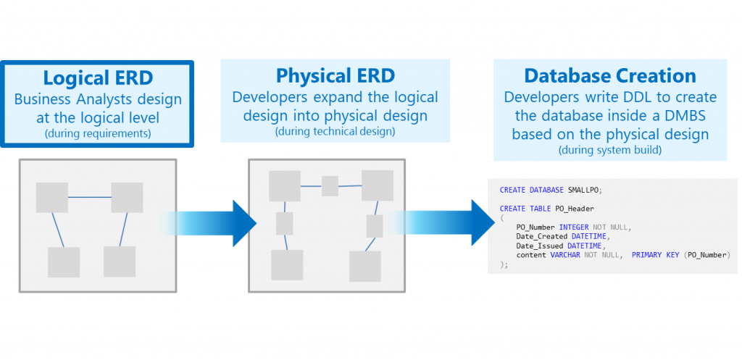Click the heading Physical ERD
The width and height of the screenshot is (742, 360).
pos(335,75)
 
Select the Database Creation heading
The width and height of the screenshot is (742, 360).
pos(610,75)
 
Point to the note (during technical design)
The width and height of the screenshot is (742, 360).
pos(335,131)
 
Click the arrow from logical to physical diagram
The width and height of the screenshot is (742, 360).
pos(210,222)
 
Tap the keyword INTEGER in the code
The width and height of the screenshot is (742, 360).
pos(574,227)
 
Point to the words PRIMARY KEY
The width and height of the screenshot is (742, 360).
pos(656,255)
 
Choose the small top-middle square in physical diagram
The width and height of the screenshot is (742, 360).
pos(330,186)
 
